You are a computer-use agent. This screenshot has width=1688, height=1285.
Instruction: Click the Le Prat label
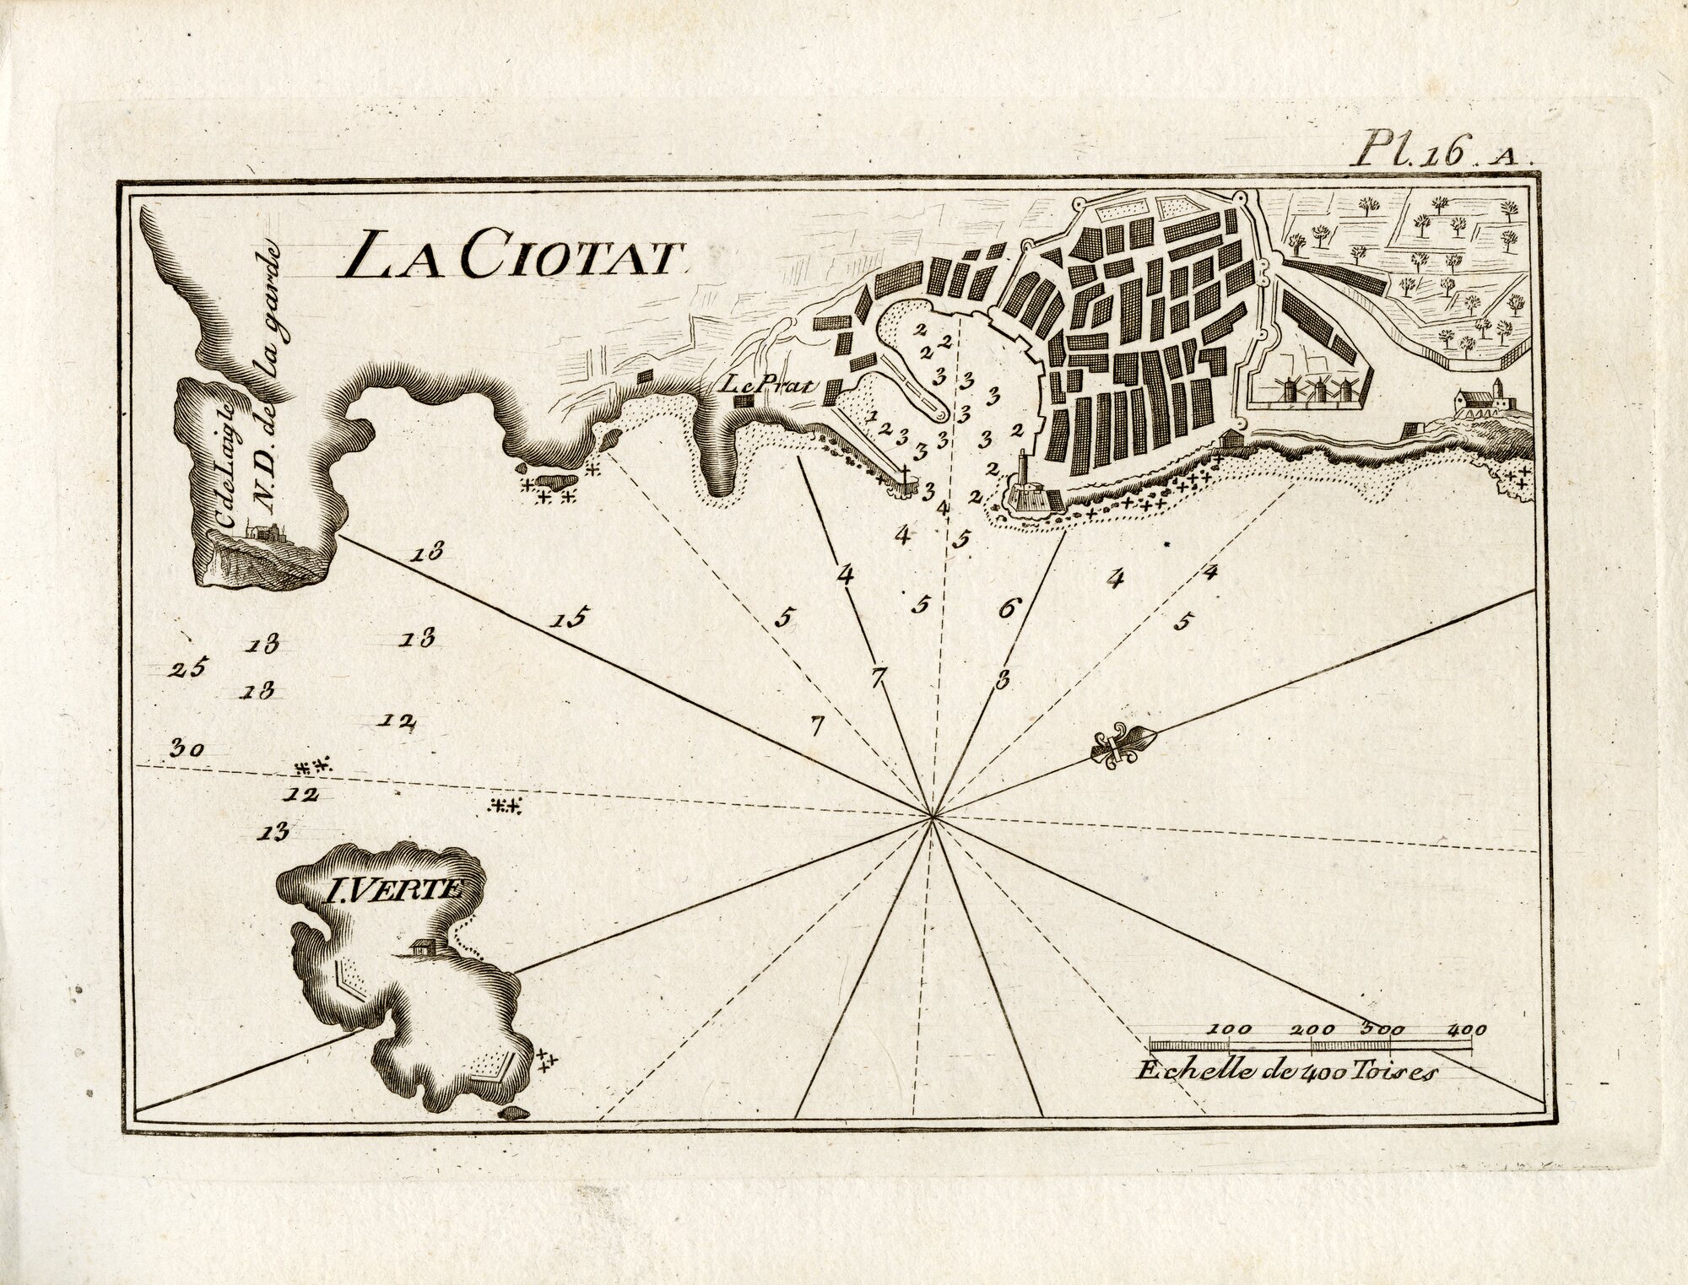point(767,386)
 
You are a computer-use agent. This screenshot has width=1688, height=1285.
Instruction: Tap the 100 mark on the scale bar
point(1231,1029)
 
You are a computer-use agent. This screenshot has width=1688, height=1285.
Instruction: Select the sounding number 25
point(187,669)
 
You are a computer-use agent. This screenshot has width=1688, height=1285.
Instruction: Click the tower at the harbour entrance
point(1023,473)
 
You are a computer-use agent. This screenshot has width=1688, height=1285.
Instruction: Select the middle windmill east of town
point(1315,390)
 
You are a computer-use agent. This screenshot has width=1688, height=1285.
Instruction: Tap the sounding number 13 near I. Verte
point(275,833)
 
